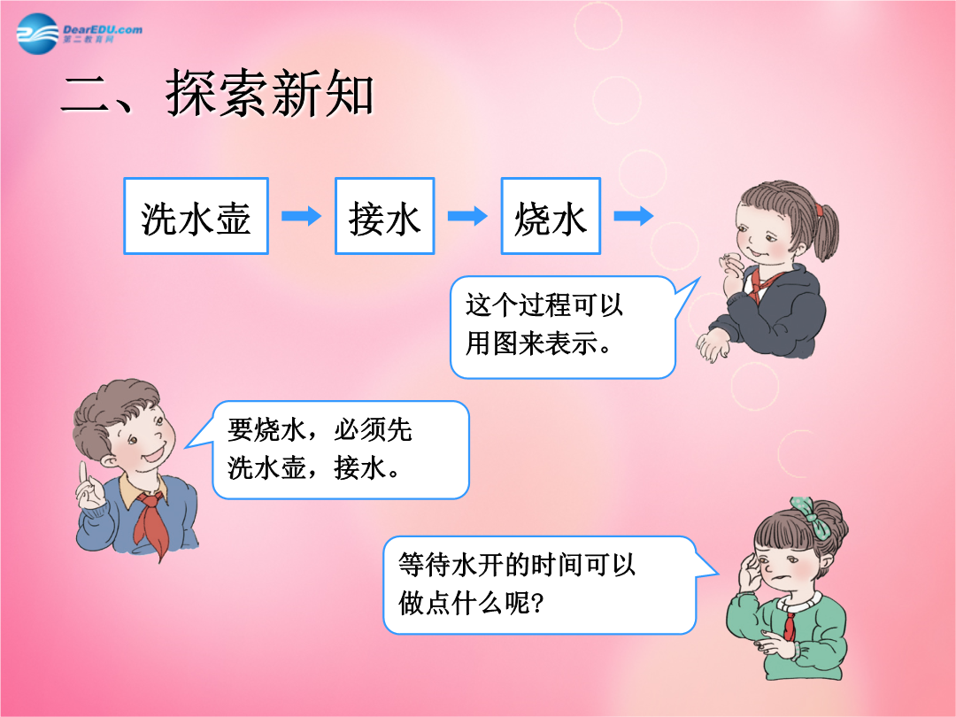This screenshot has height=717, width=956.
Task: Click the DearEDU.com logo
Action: tap(80, 34)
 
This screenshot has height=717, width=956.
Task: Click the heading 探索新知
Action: tap(269, 93)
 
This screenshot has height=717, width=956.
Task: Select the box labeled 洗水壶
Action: tap(196, 216)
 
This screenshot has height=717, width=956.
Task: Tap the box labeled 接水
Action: tap(385, 216)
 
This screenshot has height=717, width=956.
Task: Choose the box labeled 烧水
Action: tap(551, 216)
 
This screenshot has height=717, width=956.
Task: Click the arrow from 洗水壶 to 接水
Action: tap(301, 216)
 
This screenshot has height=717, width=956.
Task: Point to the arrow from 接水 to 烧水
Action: tap(467, 216)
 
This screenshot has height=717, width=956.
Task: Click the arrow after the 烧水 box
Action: tap(634, 216)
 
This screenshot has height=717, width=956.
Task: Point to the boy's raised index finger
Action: tap(83, 475)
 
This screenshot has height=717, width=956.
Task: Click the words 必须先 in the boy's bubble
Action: tap(374, 430)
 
